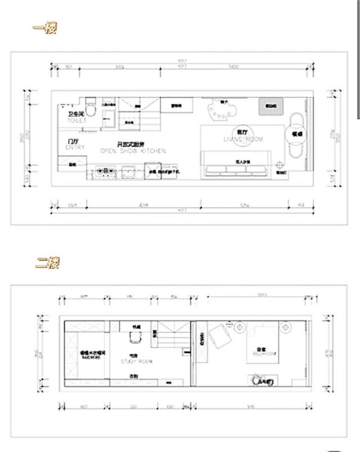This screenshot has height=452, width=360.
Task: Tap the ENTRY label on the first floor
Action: [75, 147]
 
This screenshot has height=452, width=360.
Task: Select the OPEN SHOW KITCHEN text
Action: [133, 151]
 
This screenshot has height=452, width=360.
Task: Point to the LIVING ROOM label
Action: [243, 138]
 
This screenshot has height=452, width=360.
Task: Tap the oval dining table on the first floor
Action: [296, 135]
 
